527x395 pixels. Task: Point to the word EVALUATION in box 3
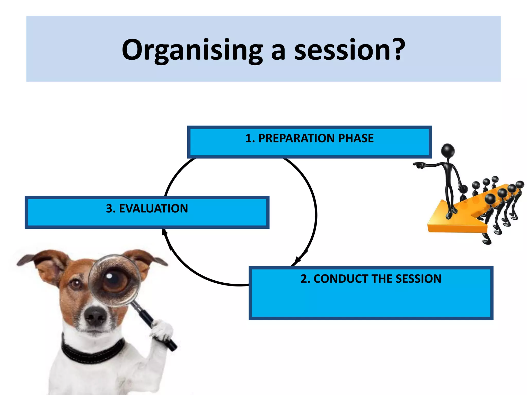pos(153,209)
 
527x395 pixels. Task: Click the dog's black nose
pos(95,315)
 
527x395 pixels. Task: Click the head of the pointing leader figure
pos(448,150)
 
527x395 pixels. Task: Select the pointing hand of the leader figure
pos(418,165)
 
